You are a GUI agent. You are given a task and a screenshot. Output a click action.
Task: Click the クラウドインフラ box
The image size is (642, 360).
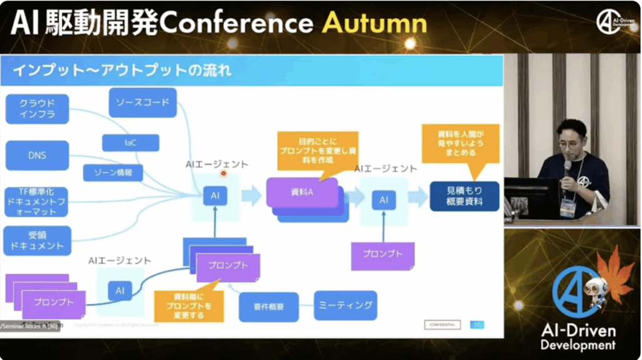click(37, 109)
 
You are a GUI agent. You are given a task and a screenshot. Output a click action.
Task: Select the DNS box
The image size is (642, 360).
click(37, 155)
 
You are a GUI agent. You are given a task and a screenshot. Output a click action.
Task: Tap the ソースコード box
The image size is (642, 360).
click(142, 102)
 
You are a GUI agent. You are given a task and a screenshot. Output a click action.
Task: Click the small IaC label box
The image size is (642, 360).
click(130, 143)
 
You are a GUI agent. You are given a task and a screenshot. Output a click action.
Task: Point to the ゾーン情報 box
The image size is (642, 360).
click(113, 172)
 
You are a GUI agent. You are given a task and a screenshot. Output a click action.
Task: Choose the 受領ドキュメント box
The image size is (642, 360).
click(37, 241)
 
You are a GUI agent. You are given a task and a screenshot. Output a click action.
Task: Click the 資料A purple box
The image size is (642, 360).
click(302, 191)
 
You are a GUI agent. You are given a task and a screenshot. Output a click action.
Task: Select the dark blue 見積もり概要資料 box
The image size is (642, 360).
click(465, 196)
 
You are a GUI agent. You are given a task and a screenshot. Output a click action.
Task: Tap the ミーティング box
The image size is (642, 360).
click(345, 305)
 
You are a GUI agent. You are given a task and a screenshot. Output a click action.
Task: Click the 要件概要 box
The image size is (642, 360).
click(269, 307)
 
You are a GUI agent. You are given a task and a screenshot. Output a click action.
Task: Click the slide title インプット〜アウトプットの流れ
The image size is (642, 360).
click(122, 70)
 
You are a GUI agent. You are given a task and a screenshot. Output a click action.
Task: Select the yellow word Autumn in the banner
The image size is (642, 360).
click(375, 23)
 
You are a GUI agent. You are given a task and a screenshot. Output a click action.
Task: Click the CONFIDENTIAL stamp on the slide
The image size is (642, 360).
click(442, 324)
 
